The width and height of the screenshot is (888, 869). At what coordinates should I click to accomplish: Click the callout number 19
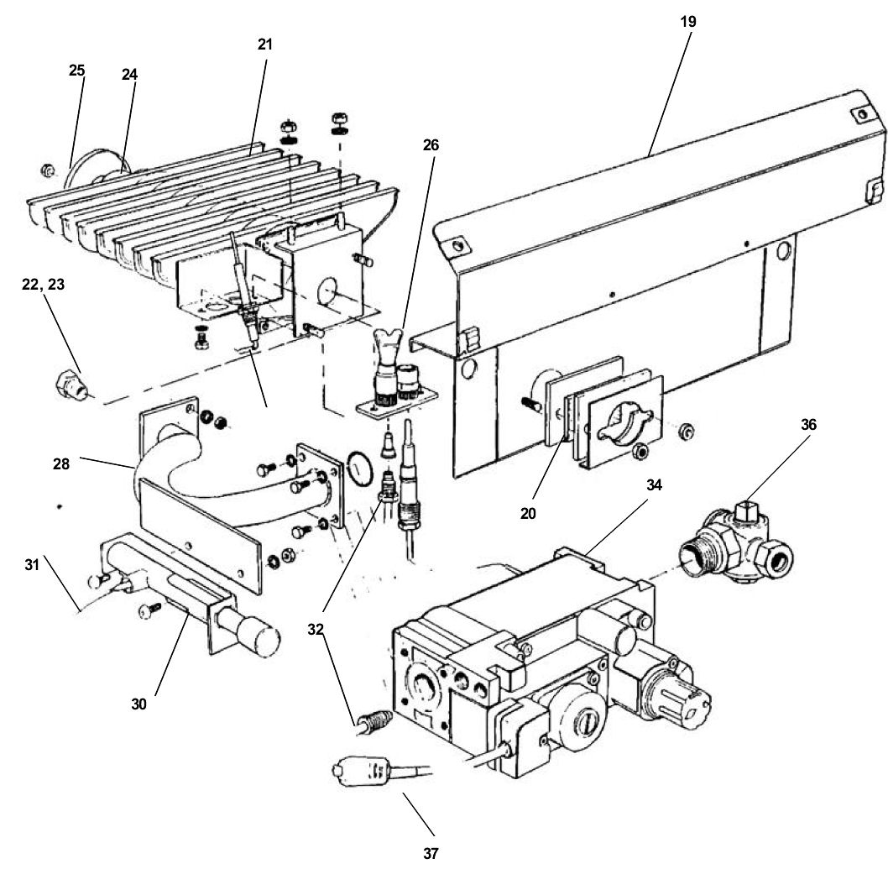[687, 22]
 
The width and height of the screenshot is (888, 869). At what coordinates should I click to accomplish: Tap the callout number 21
[265, 44]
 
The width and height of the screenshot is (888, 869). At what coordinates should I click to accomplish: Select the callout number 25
[77, 71]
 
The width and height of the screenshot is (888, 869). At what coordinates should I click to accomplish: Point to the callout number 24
[128, 74]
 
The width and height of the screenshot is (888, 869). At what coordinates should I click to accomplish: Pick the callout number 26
[431, 144]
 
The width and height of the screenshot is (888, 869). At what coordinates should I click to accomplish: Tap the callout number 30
[138, 704]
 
